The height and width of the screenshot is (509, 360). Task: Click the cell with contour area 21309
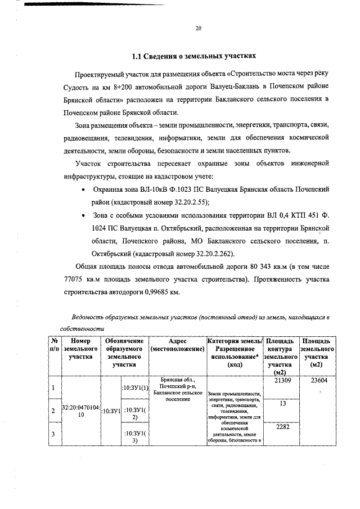tap(282, 381)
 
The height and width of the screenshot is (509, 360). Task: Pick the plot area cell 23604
tap(316, 381)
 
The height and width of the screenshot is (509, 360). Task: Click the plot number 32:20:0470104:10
tap(80, 410)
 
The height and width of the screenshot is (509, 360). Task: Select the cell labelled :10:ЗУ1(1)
tap(134, 388)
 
